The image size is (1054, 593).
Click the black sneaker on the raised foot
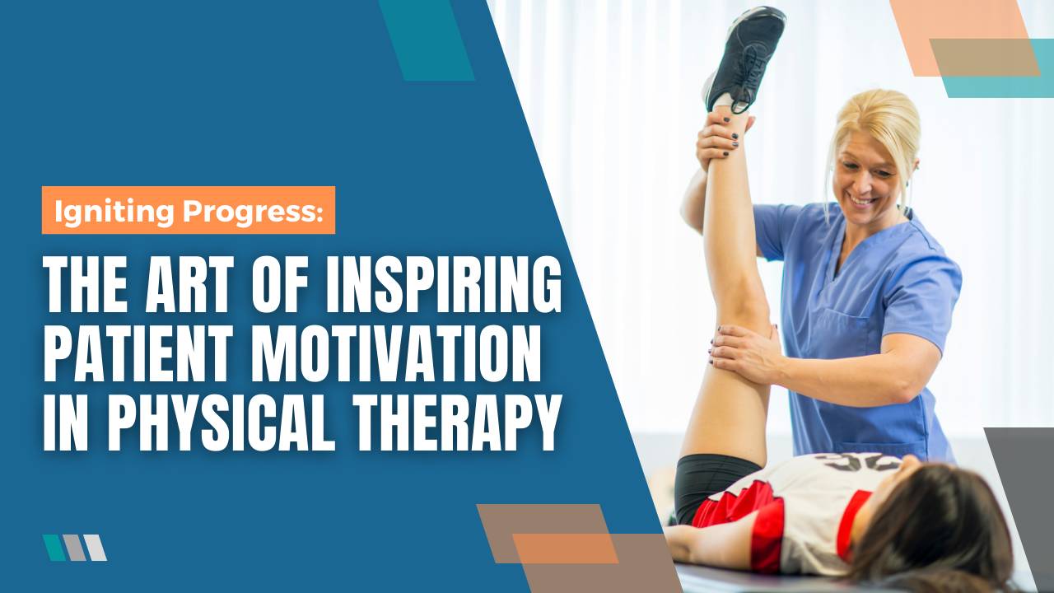[x=745, y=58]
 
